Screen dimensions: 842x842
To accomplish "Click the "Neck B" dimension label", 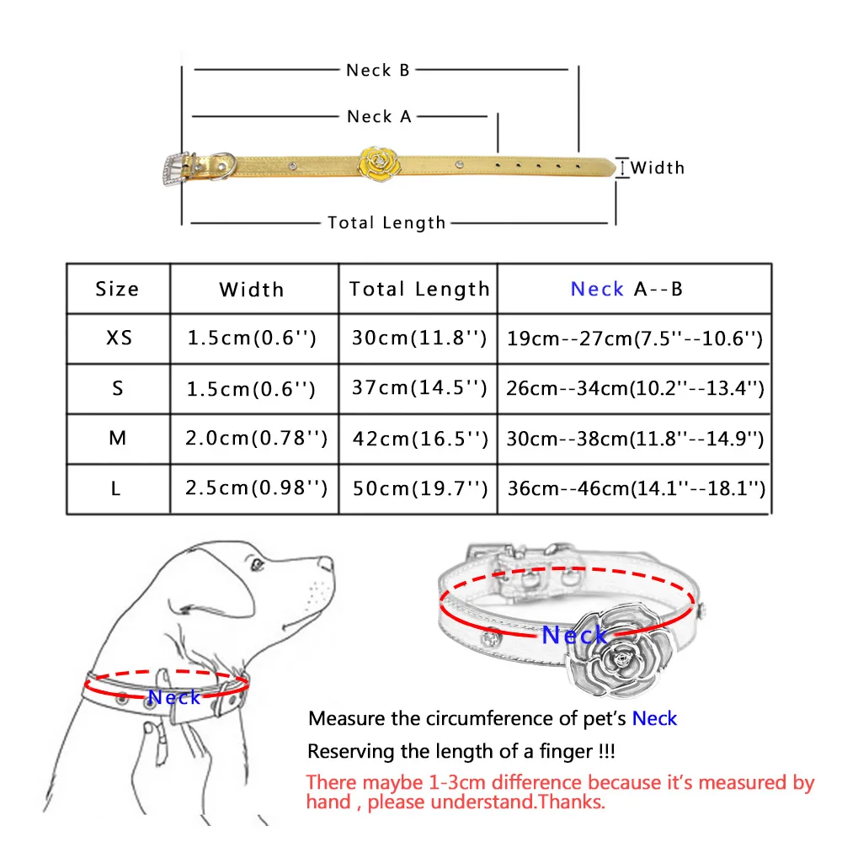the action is (378, 71).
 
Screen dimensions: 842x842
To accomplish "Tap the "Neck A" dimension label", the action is (379, 116).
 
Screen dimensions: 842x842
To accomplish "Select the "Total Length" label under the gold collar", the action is (386, 223).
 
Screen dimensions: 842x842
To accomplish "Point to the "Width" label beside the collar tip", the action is (658, 168).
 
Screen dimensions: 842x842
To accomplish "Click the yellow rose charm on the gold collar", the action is (379, 164).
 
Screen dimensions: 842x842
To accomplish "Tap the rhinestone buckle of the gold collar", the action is (176, 168).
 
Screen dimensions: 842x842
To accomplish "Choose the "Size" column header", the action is (117, 290).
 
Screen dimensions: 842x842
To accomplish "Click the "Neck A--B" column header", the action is (626, 290).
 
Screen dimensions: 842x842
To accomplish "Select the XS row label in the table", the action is (119, 338).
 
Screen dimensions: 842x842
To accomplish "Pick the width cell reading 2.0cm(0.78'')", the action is (256, 439).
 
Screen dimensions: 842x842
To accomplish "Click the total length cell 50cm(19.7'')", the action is (420, 488).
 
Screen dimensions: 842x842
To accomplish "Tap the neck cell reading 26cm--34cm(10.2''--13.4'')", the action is (635, 388).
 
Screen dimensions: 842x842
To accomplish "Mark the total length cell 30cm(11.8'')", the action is (418, 338).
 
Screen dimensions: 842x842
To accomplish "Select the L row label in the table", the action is (116, 489).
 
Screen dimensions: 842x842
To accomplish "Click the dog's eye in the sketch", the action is (257, 565).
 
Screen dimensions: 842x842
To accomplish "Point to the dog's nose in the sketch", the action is (325, 563).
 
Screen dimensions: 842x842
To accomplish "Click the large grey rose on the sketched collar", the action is (621, 652).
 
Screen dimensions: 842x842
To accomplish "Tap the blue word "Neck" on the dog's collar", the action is (174, 697).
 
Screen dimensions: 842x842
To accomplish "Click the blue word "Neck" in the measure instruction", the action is (654, 718).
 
